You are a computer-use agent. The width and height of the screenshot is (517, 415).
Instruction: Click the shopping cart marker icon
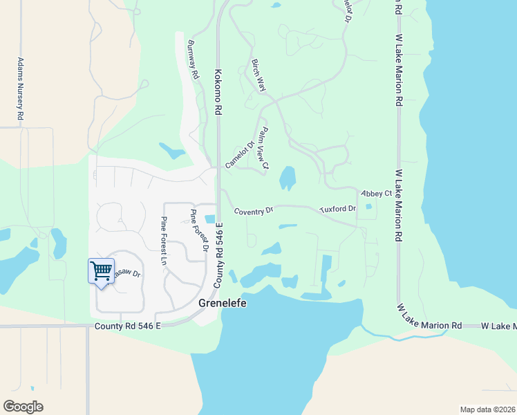point(101,270)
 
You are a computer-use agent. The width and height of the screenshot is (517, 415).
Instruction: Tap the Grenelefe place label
point(223,304)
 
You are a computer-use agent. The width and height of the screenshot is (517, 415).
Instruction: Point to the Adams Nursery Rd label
point(21,91)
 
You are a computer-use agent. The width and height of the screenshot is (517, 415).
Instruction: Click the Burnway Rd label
point(192,59)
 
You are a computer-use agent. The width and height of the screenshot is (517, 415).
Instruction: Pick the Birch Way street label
point(259,74)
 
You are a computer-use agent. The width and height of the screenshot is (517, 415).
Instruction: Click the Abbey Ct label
point(377,193)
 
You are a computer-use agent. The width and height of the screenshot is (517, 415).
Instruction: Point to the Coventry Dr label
point(254,210)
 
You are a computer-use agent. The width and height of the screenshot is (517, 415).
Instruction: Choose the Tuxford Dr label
point(337,209)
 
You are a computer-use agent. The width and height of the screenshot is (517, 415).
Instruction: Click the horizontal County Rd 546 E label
point(128,325)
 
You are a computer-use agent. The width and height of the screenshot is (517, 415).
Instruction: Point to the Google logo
point(23,407)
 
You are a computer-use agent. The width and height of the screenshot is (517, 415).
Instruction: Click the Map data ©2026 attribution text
point(487,409)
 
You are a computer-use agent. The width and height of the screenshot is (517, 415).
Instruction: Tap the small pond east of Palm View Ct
point(287,178)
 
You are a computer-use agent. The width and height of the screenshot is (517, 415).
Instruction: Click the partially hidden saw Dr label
point(126,274)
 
